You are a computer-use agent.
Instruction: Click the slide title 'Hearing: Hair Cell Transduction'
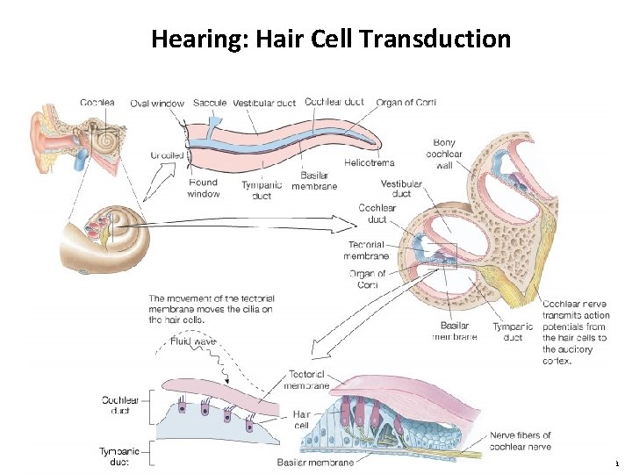tap(330, 39)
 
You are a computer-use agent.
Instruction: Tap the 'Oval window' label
tap(157, 104)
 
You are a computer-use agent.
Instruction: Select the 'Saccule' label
tap(210, 103)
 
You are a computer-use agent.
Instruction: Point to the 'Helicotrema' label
tap(369, 162)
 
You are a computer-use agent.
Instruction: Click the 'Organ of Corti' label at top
tap(406, 102)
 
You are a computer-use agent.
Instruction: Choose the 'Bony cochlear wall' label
tap(444, 154)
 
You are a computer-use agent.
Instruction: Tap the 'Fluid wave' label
tap(193, 341)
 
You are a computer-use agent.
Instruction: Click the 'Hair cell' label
tap(301, 419)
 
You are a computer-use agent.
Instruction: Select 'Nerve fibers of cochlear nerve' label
tap(521, 441)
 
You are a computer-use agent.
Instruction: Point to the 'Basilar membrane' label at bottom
tap(315, 463)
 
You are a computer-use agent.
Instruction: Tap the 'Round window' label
tap(204, 189)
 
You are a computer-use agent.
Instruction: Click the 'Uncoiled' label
tap(167, 155)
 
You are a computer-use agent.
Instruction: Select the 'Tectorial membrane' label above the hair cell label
tap(307, 379)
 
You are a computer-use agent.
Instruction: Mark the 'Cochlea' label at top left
tap(97, 103)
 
